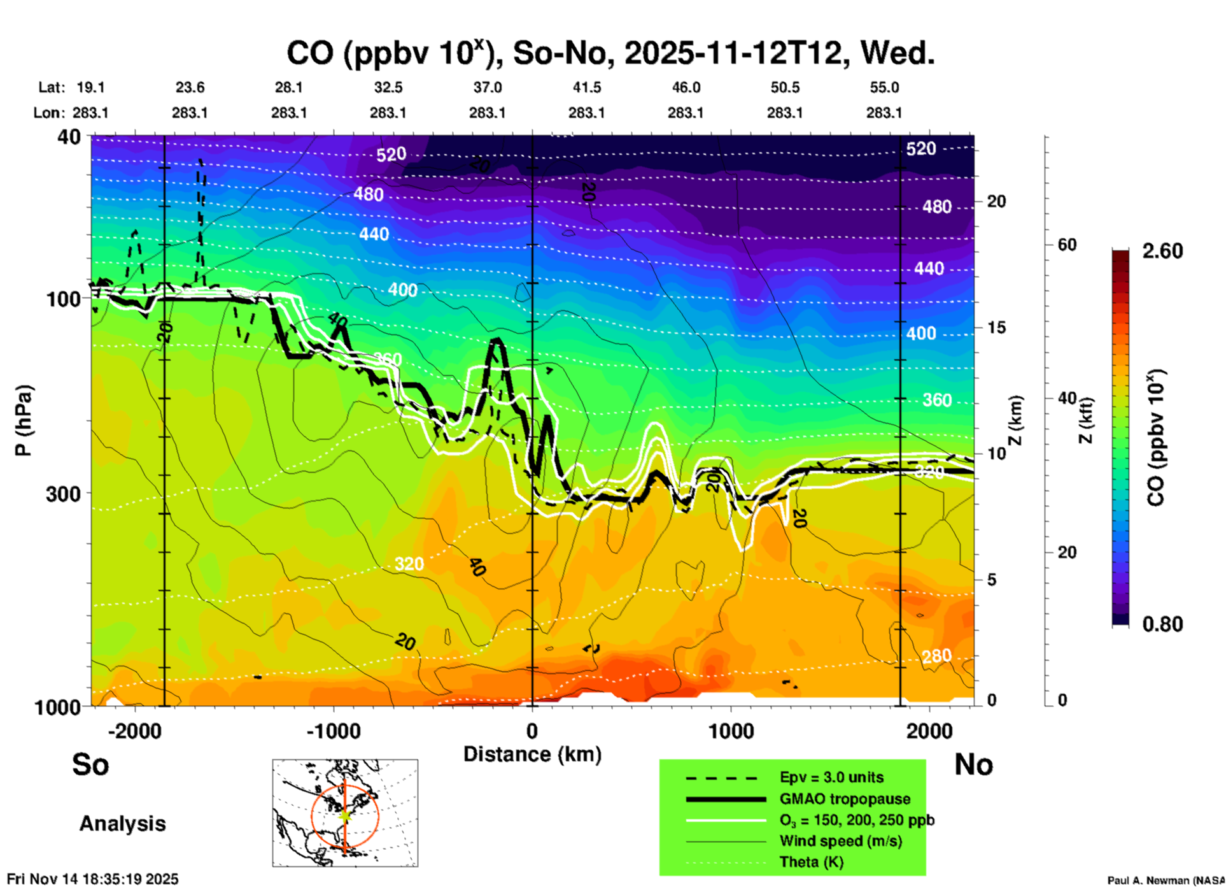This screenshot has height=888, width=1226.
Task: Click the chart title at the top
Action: [610, 54]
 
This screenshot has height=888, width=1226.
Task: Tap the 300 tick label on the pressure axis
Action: [64, 494]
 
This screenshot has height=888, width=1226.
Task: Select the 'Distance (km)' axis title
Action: [532, 754]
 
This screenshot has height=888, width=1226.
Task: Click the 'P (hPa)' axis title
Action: [24, 420]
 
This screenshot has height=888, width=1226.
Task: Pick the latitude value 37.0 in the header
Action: [488, 87]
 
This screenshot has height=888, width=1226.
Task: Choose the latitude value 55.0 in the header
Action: [884, 87]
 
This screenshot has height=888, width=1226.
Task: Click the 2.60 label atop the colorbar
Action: [1162, 251]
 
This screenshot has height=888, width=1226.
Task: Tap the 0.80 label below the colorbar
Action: [1162, 624]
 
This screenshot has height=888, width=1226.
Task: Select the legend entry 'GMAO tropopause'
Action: [845, 799]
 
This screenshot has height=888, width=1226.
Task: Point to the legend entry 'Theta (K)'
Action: [811, 862]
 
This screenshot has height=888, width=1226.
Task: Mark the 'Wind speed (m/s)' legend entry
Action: [840, 841]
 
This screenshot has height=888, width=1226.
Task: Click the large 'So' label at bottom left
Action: [90, 764]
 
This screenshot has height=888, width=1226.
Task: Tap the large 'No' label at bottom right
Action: [973, 764]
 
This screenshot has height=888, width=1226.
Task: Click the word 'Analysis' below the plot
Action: [122, 824]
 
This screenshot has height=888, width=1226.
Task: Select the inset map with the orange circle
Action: [345, 813]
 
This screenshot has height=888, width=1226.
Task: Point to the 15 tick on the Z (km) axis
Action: [996, 327]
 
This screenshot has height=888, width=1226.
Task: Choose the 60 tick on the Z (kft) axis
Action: [1067, 245]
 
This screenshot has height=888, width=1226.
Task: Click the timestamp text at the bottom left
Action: [93, 879]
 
